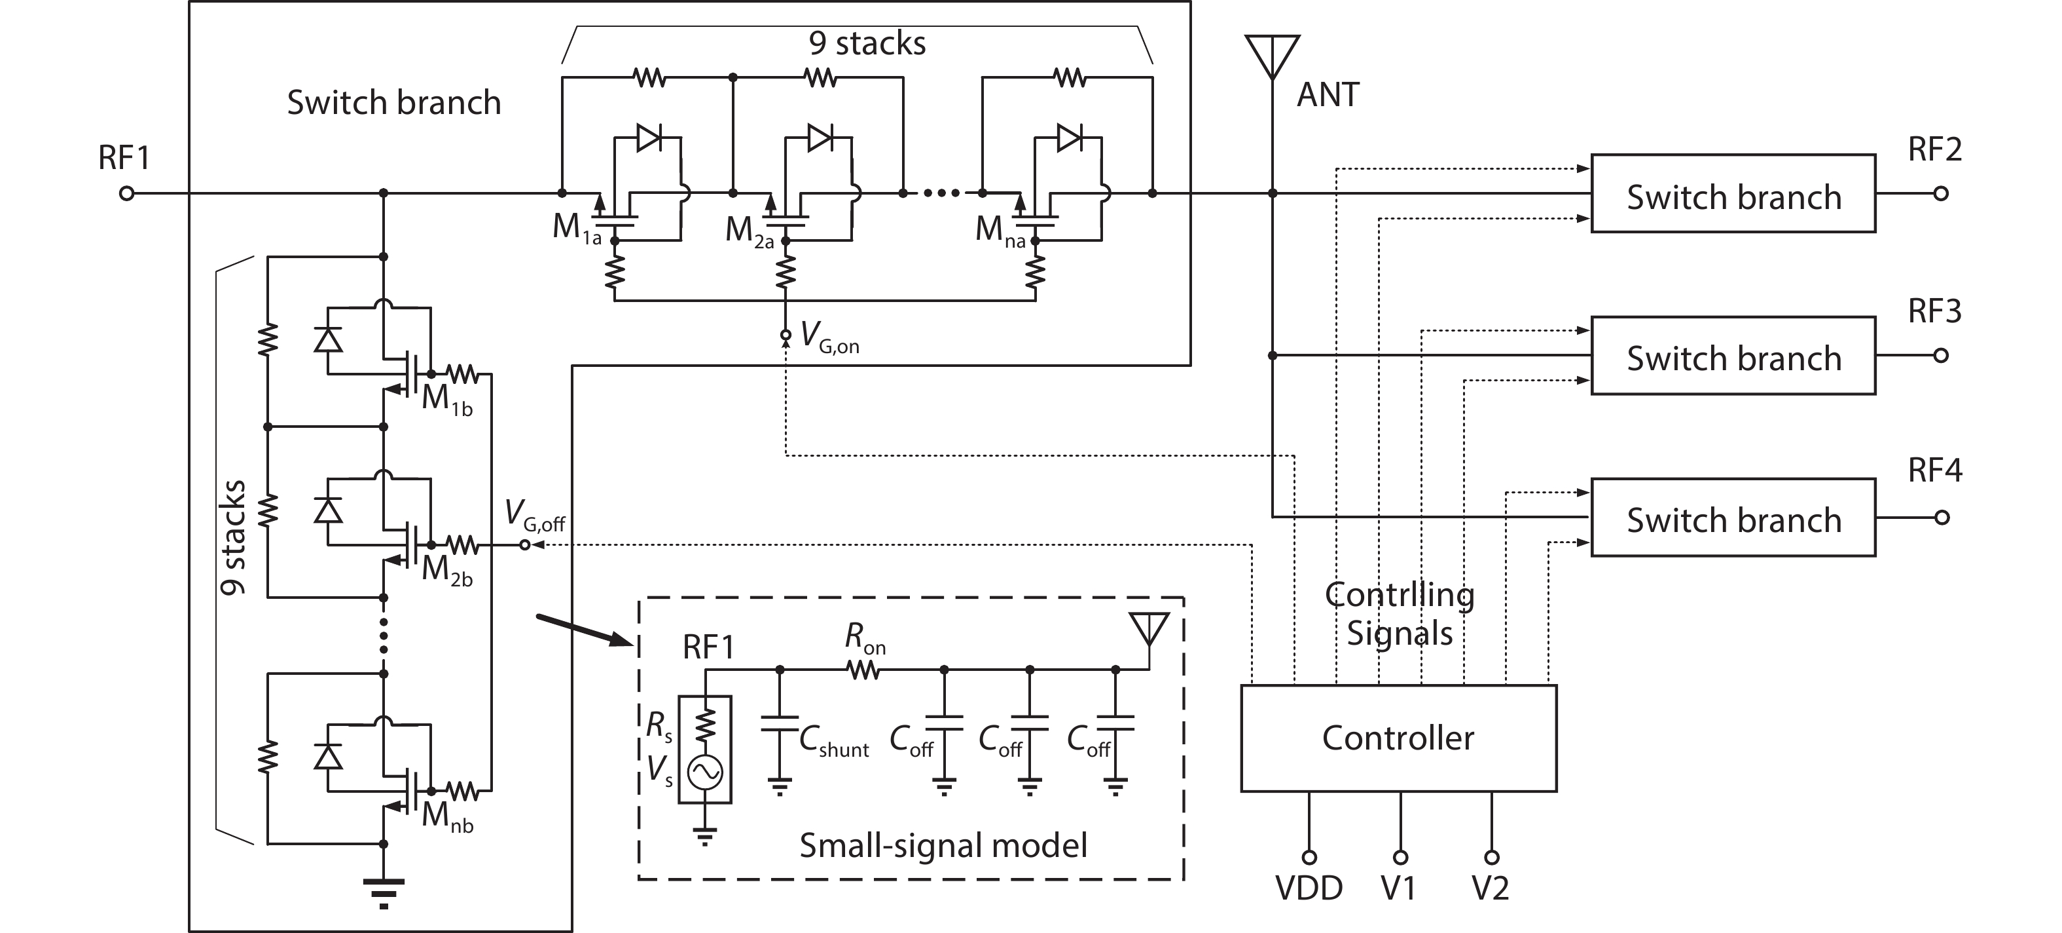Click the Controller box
[x=1398, y=738]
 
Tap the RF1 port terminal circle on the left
[x=126, y=193]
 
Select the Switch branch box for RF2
[x=1732, y=194]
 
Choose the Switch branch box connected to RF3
[x=1732, y=356]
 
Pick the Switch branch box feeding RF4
[x=1732, y=518]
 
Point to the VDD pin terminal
[x=1309, y=857]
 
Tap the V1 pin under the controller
[x=1400, y=857]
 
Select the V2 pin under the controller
[x=1491, y=857]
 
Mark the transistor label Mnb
[x=446, y=816]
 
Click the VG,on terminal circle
[x=786, y=335]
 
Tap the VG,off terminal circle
[x=525, y=544]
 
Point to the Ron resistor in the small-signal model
[x=863, y=670]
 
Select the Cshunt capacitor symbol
[x=780, y=724]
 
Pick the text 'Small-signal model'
[x=943, y=845]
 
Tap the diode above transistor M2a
[x=820, y=138]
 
